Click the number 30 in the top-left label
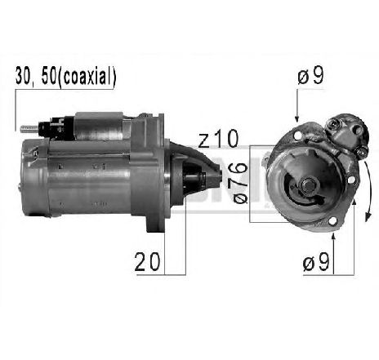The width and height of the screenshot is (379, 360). (x=24, y=78)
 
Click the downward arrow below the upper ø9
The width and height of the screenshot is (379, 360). (x=297, y=110)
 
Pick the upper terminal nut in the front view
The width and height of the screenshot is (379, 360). (x=335, y=123)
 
